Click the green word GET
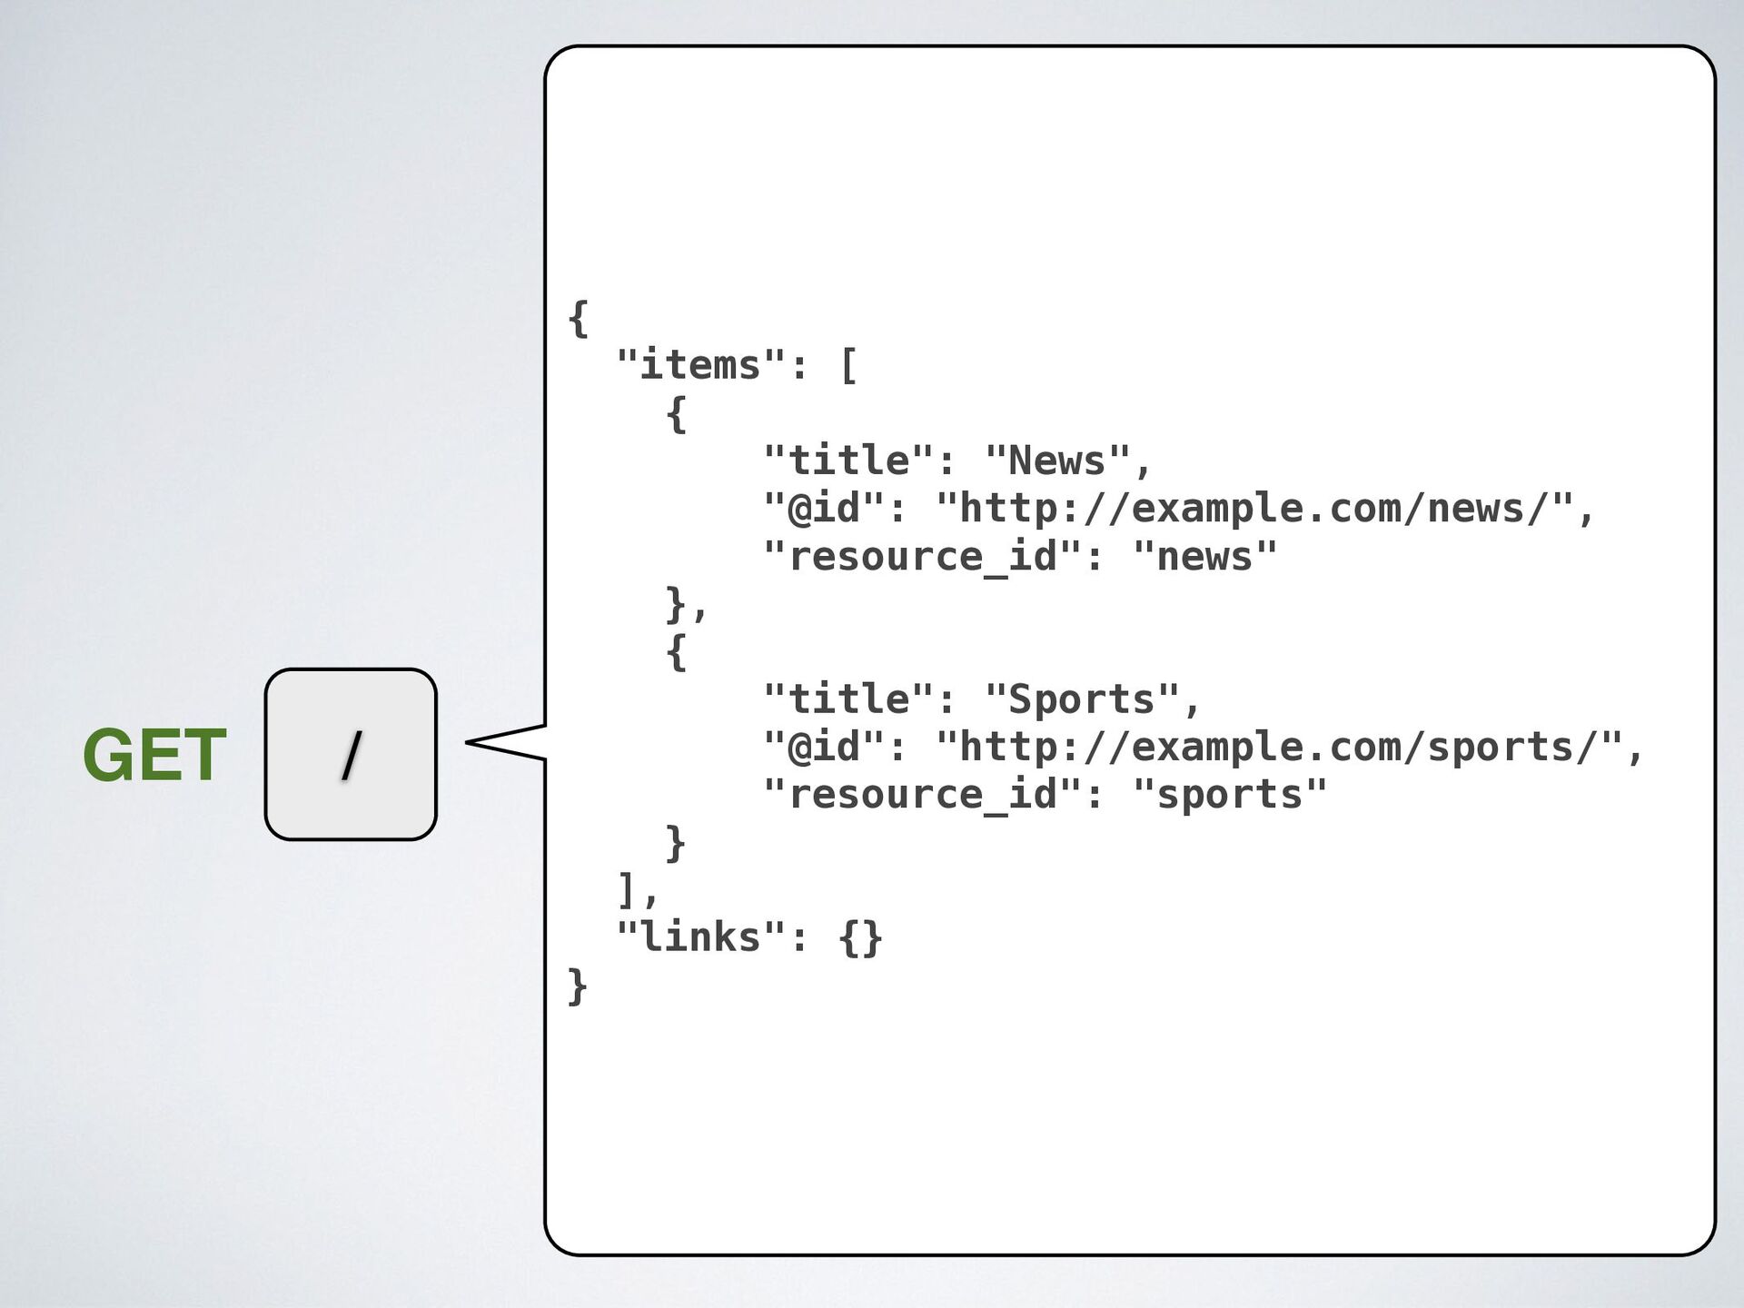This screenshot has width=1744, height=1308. pyautogui.click(x=154, y=755)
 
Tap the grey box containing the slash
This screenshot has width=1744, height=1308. pyautogui.click(x=351, y=755)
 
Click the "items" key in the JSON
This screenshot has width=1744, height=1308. pyautogui.click(x=700, y=366)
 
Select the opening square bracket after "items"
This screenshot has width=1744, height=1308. pyautogui.click(x=848, y=366)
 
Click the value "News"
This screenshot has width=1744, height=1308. pyautogui.click(x=1057, y=461)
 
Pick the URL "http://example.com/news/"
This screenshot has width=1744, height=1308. pyautogui.click(x=1253, y=509)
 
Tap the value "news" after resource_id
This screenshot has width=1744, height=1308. pyautogui.click(x=1204, y=557)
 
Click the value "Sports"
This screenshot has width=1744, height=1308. pyautogui.click(x=1082, y=699)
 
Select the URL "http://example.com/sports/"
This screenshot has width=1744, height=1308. pyautogui.click(x=1278, y=748)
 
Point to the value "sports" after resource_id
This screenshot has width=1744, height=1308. pyautogui.click(x=1230, y=795)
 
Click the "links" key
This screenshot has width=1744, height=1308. pyautogui.click(x=700, y=937)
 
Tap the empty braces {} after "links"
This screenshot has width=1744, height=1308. pyautogui.click(x=860, y=937)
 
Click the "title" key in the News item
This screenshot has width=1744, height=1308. pyautogui.click(x=848, y=461)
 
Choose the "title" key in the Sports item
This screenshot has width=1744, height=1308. pyautogui.click(x=848, y=699)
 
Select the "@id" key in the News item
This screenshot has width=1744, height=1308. pyautogui.click(x=824, y=509)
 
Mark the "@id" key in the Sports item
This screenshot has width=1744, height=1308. pyautogui.click(x=824, y=748)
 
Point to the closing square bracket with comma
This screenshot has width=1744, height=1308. pyautogui.click(x=632, y=890)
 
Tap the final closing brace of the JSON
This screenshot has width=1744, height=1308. pyautogui.click(x=577, y=986)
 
